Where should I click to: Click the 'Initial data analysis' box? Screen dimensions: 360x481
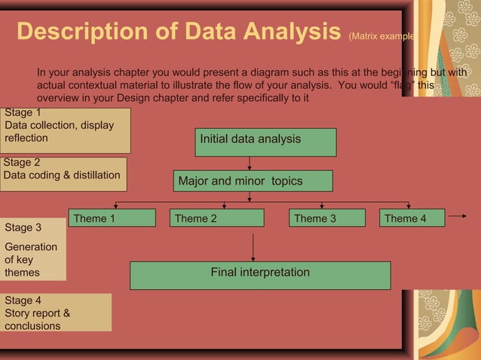265,142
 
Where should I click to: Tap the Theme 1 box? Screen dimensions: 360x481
112,218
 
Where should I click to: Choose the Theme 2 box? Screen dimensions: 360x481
216,218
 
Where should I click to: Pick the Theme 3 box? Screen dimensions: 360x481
327,218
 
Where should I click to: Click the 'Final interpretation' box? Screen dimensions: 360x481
260,275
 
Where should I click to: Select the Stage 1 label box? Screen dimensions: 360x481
65,130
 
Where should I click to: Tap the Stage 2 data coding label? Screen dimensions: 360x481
63,174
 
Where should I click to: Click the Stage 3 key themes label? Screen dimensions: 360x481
32,249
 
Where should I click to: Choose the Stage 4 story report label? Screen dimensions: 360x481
56,313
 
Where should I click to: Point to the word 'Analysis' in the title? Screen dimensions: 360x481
291,32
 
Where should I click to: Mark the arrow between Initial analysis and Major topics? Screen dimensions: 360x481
250,163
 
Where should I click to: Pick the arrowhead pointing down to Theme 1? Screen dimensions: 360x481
115,206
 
